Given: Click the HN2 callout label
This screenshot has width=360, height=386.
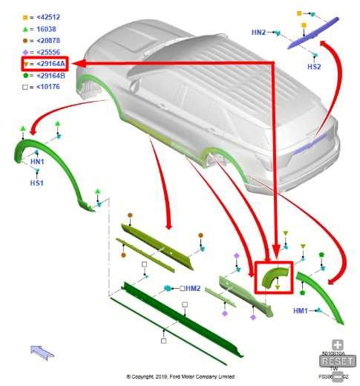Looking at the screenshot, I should (258, 33).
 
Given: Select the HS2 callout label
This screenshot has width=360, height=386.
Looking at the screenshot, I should (314, 67).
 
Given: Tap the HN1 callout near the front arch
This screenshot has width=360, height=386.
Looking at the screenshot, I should (36, 161).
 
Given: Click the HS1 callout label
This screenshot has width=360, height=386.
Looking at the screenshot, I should (36, 182).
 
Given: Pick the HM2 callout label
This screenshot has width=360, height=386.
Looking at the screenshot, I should (192, 288).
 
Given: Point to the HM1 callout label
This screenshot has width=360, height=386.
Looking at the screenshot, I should (301, 310).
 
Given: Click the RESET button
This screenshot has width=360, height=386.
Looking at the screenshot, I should (338, 361).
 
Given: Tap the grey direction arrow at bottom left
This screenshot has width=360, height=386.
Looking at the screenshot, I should (42, 351).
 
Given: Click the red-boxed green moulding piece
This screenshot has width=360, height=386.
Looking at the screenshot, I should (274, 278).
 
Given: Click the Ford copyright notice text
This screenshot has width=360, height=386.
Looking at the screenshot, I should (180, 376).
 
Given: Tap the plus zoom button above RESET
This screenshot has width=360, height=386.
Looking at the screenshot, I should (338, 345).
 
